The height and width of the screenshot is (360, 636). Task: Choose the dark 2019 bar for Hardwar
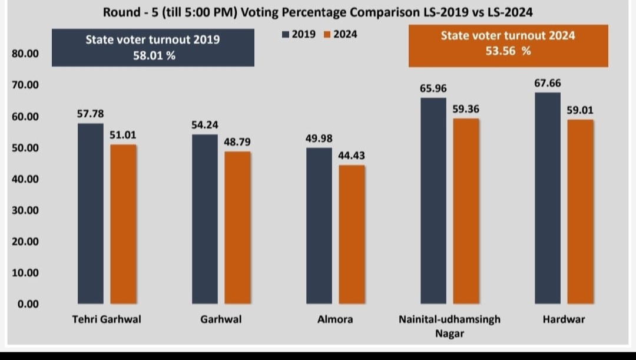coord(547,198)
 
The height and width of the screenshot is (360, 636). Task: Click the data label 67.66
coord(548,84)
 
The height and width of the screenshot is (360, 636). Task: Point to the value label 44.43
coord(352,156)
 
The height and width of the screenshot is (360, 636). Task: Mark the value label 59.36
coord(466,109)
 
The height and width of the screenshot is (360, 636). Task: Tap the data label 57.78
coord(90,113)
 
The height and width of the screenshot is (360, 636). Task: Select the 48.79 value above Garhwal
coord(237,142)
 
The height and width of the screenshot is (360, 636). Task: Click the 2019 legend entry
coord(299,34)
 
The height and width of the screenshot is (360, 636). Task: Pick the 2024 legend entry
coord(342,34)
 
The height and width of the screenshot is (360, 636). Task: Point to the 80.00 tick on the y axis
coord(25,54)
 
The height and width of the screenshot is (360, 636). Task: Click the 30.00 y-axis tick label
coord(25,210)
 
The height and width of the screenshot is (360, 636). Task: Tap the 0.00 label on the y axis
coord(27,304)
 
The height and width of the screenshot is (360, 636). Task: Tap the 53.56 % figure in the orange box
coord(508,51)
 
